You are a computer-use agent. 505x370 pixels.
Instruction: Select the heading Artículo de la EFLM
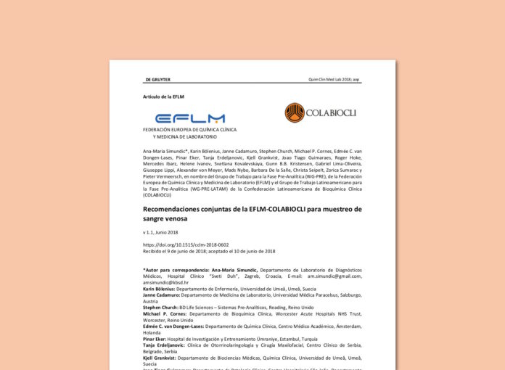tap(163, 96)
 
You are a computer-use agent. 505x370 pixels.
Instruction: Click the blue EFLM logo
tap(190, 118)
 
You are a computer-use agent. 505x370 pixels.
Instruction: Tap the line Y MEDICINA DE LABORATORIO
tap(184, 136)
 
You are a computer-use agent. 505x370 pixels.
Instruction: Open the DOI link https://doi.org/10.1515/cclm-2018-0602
tap(186, 245)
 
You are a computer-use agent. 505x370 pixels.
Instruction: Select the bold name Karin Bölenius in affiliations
tap(161, 288)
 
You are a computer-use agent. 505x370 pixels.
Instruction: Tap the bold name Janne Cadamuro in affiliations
tap(162, 295)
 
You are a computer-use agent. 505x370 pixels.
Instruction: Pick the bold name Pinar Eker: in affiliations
tap(157, 339)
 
